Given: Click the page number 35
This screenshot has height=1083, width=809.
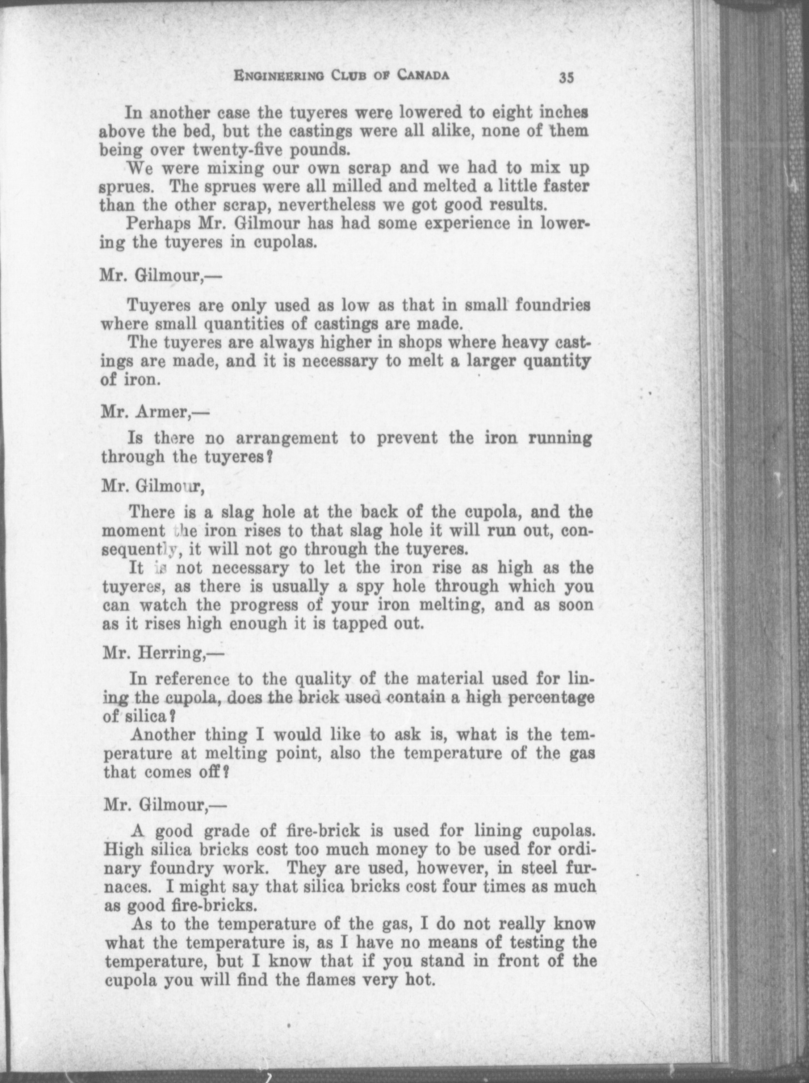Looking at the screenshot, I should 567,78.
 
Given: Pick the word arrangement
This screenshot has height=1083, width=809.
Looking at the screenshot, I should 287,438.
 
